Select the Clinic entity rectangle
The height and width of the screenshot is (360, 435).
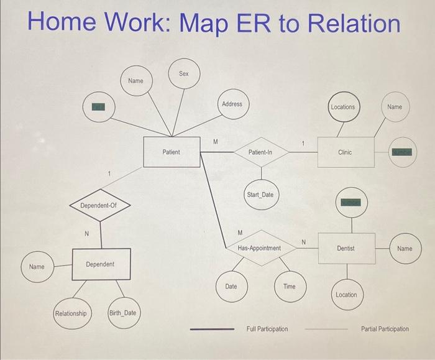(345, 152)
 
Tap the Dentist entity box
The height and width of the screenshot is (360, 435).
(346, 248)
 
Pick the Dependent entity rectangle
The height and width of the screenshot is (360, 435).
(100, 264)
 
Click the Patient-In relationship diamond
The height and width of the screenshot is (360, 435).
(260, 152)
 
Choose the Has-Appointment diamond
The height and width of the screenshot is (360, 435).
(259, 248)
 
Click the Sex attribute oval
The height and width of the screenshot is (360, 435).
(184, 73)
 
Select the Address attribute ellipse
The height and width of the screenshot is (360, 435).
(232, 104)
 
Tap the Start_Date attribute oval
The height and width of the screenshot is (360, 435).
(260, 195)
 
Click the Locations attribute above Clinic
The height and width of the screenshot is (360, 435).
(342, 107)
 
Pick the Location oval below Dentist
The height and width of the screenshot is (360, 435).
(346, 294)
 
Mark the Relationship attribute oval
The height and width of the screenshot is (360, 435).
(71, 313)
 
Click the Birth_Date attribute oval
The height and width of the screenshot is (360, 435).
(122, 313)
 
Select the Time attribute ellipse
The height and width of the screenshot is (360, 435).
(290, 287)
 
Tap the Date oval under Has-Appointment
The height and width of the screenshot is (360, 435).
(231, 287)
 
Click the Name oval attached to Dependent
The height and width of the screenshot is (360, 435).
(37, 267)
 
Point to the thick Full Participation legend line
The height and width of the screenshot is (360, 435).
(212, 329)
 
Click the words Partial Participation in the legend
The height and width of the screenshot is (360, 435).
(385, 329)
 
